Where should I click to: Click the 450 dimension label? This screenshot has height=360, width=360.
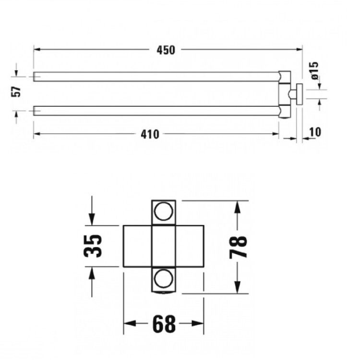pos(166,50)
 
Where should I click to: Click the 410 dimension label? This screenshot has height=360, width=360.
pos(150,134)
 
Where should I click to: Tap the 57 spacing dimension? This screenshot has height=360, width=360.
pos(16,92)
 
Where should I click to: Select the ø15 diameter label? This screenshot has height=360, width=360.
pos(314,70)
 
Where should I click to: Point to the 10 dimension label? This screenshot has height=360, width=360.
pos(315,132)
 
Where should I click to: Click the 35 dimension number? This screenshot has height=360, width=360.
pos(92,246)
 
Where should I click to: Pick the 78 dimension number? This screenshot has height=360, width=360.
pos(238,247)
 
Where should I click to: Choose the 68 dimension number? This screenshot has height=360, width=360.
pos(164,324)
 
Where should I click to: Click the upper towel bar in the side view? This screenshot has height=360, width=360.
pos(156,76)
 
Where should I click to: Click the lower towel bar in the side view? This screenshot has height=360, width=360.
pos(156,111)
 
